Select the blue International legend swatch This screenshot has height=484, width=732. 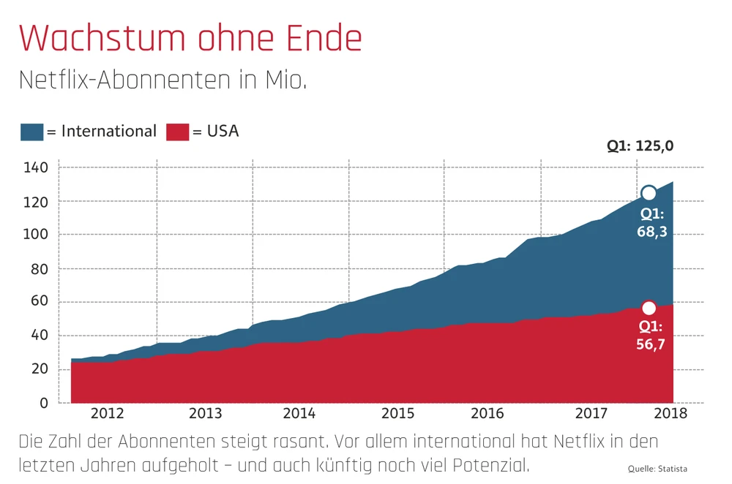click(x=31, y=132)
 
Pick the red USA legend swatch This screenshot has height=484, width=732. click(x=178, y=132)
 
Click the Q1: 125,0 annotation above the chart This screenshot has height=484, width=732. click(x=640, y=145)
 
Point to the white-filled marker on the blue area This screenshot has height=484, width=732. click(x=649, y=193)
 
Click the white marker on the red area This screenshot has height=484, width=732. click(x=649, y=308)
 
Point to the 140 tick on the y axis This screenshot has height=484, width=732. click(x=36, y=168)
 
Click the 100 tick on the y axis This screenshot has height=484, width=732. click(x=36, y=235)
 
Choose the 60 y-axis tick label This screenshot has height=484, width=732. click(x=39, y=302)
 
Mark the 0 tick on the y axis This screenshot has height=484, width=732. click(x=43, y=403)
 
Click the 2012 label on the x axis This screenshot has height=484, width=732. click(x=108, y=413)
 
